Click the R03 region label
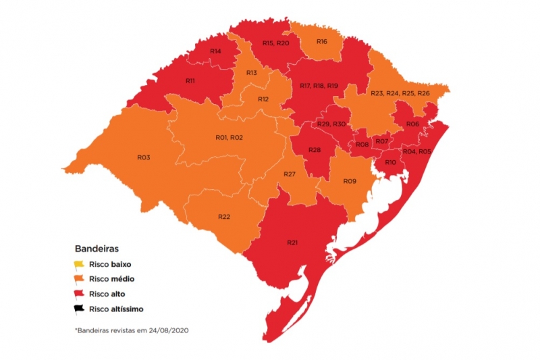point(143,157)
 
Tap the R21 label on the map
point(292,242)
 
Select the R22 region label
point(224,216)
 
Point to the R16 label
point(321,42)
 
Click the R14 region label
point(215,51)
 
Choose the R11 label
point(190,80)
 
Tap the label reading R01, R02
point(229,138)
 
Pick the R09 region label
point(349,181)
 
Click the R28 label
point(314,149)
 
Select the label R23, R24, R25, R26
point(400,93)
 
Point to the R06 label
point(413,124)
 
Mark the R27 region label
point(290,175)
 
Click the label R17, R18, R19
point(319,86)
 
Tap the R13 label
point(251,73)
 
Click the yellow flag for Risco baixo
point(79,264)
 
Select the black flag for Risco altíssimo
point(79,309)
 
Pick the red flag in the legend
point(79,294)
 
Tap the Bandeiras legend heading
point(97,249)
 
